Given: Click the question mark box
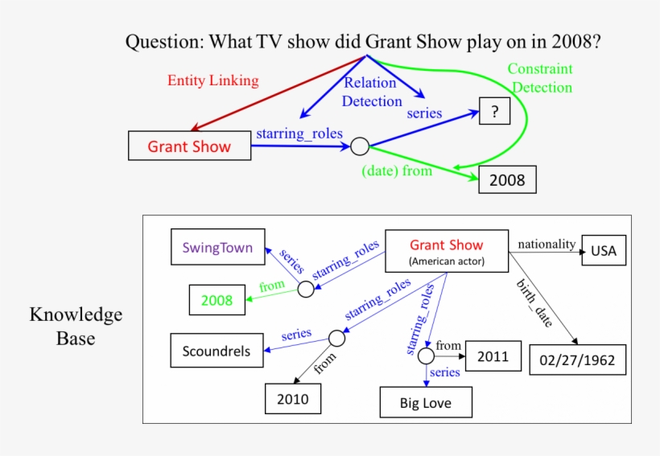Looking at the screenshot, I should click(x=494, y=111).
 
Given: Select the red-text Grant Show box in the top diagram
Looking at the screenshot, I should click(x=188, y=146).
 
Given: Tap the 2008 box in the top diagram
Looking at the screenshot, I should click(x=507, y=179).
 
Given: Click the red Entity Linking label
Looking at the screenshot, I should click(x=212, y=80).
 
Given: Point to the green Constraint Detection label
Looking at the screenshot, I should click(x=540, y=79).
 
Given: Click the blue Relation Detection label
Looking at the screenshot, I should click(x=371, y=92).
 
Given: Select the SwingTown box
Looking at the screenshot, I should click(x=217, y=248).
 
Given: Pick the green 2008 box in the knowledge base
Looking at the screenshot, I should click(x=217, y=300).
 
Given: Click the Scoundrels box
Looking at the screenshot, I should click(x=216, y=351).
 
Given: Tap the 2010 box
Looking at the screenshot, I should click(x=292, y=398).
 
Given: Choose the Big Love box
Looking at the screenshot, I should click(x=426, y=402).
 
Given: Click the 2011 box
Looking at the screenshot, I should click(x=493, y=356).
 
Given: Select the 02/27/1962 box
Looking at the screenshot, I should click(x=578, y=359).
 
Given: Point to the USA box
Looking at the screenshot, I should click(x=603, y=250).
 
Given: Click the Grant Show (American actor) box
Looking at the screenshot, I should click(x=447, y=252).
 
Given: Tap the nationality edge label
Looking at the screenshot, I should click(x=547, y=244).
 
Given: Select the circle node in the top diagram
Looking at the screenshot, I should click(x=360, y=146).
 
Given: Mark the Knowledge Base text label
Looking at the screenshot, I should click(x=76, y=326).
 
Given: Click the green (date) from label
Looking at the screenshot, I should click(x=397, y=170).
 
